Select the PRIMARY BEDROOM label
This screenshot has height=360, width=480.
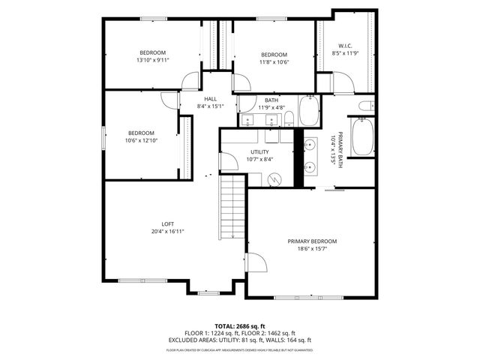pyautogui.click(x=313, y=241)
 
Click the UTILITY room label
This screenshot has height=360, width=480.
pyautogui.click(x=260, y=151)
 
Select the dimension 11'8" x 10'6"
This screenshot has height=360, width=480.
pyautogui.click(x=274, y=62)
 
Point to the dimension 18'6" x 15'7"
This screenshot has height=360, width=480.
pyautogui.click(x=313, y=249)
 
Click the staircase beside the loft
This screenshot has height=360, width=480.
pyautogui.click(x=232, y=206)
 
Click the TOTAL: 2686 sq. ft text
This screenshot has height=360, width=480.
pyautogui.click(x=239, y=326)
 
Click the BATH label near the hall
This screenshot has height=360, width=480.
pyautogui.click(x=271, y=100)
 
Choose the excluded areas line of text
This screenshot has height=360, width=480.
pyautogui.click(x=239, y=340)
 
